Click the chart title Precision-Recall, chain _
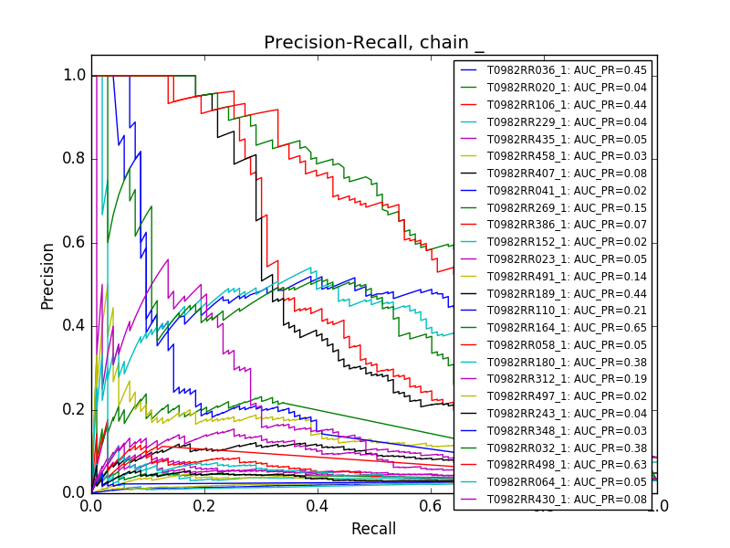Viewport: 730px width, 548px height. [x=374, y=43]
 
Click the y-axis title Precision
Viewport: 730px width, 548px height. [x=47, y=276]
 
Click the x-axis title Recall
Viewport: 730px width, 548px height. [x=374, y=529]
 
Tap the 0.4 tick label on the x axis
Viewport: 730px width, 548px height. [x=318, y=505]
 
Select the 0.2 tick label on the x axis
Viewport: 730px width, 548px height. [x=204, y=505]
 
